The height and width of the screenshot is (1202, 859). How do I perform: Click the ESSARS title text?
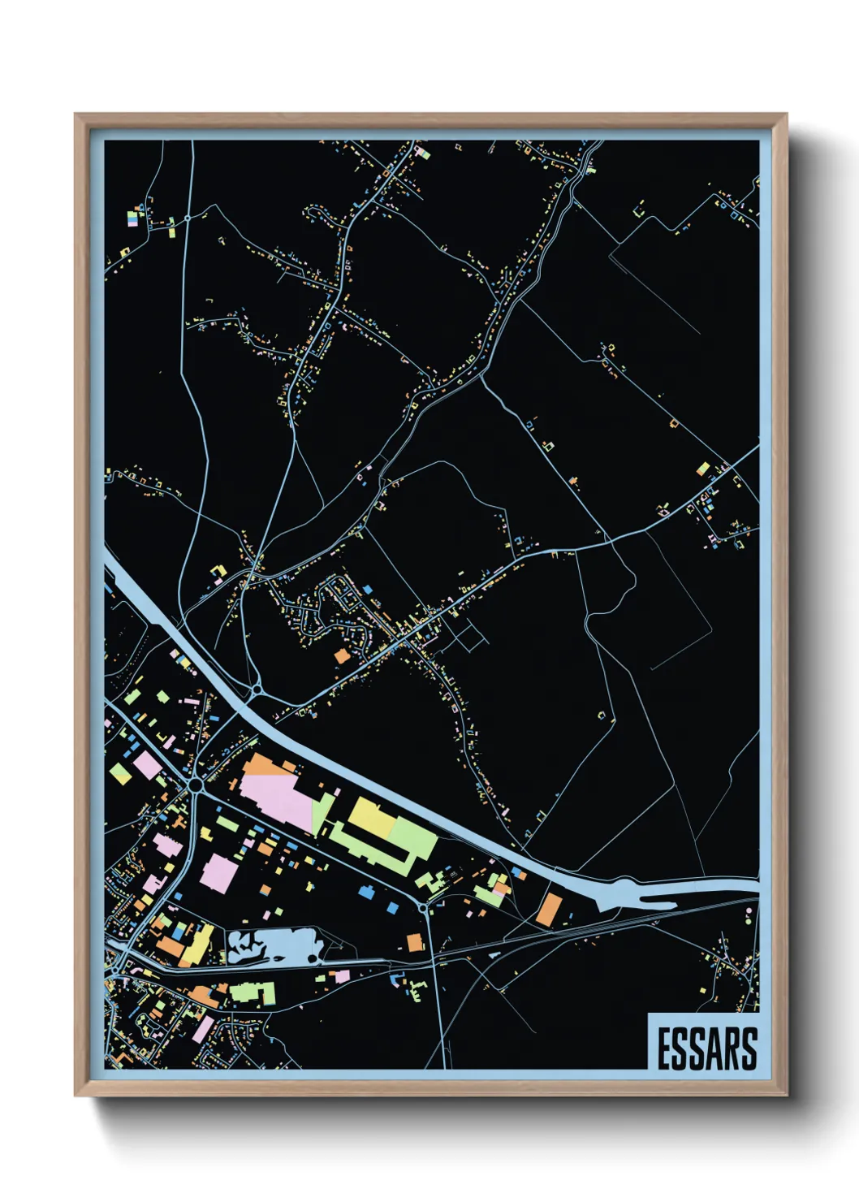point(706,1049)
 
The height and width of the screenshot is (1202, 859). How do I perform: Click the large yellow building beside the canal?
point(373,816)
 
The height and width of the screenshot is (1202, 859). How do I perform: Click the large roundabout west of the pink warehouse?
point(195,785)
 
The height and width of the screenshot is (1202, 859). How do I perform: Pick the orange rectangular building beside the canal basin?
point(550,909)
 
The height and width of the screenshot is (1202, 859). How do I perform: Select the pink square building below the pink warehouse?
point(218,874)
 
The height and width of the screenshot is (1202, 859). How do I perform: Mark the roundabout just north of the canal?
point(257,690)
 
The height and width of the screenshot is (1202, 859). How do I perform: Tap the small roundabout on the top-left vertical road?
point(188,218)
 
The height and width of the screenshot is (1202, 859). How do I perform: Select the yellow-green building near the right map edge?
point(703,469)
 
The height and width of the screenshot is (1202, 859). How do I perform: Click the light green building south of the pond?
point(253,992)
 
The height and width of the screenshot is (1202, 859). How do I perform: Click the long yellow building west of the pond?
point(200,943)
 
